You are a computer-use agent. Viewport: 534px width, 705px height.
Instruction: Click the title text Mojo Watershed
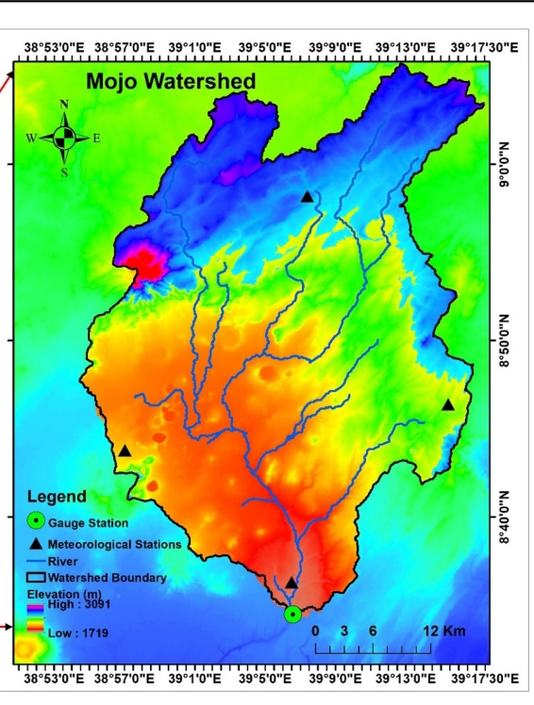[171, 82]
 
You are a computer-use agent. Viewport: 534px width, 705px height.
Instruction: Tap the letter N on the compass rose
[64, 105]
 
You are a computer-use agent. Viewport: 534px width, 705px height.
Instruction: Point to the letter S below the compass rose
[64, 172]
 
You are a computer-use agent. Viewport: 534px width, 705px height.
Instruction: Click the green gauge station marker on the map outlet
[292, 615]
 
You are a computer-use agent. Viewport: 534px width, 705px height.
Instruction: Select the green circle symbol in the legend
[36, 520]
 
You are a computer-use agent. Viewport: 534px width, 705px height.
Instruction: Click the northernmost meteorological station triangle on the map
[307, 196]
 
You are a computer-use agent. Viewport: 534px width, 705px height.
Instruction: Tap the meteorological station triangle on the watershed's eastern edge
[448, 404]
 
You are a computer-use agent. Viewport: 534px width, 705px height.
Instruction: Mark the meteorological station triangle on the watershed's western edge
[125, 451]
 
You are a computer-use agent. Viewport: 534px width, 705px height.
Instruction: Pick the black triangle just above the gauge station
[292, 582]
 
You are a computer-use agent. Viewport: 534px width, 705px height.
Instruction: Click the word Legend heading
[57, 497]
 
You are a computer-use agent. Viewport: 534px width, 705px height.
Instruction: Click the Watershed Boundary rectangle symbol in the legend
[36, 578]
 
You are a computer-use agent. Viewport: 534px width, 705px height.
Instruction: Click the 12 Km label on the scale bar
[443, 631]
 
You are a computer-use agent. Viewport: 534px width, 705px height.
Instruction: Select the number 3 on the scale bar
[344, 631]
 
